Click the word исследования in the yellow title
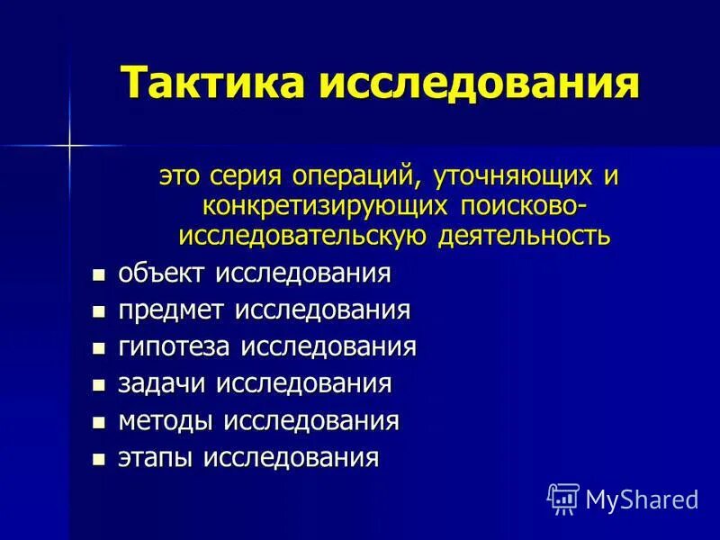pyautogui.click(x=480, y=83)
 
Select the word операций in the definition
pyautogui.click(x=356, y=175)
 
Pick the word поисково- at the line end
pyautogui.click(x=523, y=206)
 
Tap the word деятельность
pyautogui.click(x=525, y=237)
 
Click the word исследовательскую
pyautogui.click(x=303, y=237)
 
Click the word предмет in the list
pyautogui.click(x=173, y=310)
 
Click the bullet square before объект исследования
pyautogui.click(x=99, y=274)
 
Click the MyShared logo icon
pyautogui.click(x=563, y=497)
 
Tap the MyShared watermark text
pyautogui.click(x=642, y=498)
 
